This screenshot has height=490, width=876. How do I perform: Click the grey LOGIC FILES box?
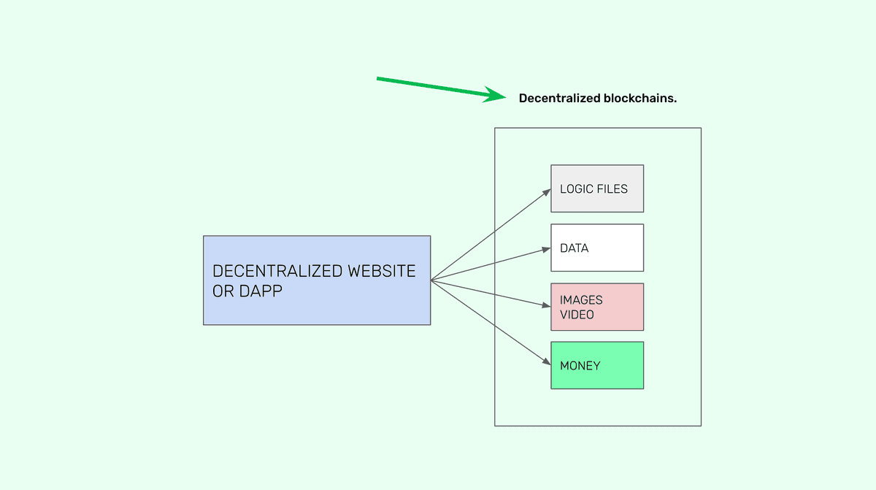pos(597,188)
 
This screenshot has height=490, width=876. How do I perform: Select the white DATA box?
pos(597,248)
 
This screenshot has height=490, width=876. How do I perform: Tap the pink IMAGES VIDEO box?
pos(597,307)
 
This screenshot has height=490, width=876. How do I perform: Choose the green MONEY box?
pos(597,365)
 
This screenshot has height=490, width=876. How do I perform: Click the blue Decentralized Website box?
pos(317,280)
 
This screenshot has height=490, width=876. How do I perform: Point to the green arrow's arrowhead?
pos(496,96)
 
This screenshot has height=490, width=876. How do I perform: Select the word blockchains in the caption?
pos(640,98)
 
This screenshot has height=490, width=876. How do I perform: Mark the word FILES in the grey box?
pos(612,188)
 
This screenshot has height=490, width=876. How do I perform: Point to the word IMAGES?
pos(581,300)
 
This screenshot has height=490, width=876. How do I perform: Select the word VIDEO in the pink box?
pos(577,315)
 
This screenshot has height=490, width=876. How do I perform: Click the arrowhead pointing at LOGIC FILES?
pos(546,192)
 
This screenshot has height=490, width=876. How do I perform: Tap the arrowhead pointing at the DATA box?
pos(546,249)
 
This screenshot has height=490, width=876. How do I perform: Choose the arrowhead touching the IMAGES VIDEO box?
pos(546,306)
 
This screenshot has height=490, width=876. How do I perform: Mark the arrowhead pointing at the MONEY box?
pos(546,361)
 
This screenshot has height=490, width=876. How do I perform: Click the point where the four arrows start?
pos(431,280)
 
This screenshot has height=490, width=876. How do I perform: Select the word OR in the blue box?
pos(222,290)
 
